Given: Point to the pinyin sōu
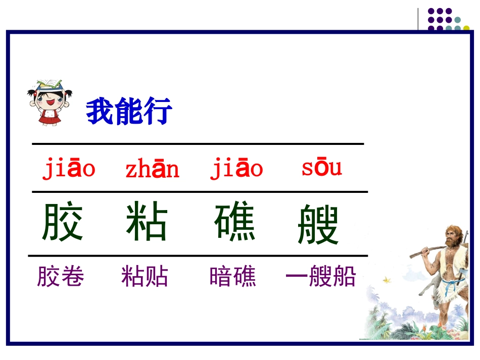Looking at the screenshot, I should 321,168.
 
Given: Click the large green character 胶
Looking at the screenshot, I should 62,222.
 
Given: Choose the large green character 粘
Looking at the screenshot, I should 147,222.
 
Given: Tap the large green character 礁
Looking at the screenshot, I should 235,222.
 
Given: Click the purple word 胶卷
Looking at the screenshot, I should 61,277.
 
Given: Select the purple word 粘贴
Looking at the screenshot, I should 145,277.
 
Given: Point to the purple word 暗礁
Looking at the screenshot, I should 233,277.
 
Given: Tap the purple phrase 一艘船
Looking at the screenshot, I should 321,277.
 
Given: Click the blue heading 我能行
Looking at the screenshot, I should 129,112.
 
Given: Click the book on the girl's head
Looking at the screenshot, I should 51,85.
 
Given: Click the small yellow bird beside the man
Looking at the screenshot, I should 388,278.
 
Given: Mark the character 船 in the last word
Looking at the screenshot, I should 344,277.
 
